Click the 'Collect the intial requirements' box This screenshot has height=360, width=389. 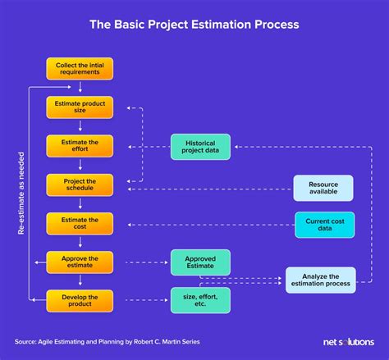click(80, 69)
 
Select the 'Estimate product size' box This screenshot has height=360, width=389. click(80, 107)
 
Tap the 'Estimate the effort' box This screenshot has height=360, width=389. click(80, 146)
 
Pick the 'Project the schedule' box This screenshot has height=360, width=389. click(80, 185)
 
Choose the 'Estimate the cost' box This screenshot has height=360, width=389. click(80, 224)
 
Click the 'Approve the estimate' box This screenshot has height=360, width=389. click(80, 262)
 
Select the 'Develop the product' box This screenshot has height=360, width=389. click(80, 301)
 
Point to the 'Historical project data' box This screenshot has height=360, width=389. click(200, 147)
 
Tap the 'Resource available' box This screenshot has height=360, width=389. click(323, 188)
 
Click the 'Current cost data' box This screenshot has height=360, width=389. click(325, 225)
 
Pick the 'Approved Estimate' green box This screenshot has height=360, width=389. click(200, 262)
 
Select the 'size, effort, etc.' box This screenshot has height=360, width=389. click(200, 300)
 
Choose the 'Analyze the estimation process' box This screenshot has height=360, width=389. click(321, 280)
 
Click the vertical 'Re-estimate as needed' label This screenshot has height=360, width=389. click(21, 194)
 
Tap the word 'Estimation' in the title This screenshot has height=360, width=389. click(221, 25)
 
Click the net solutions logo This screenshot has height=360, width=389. click(349, 342)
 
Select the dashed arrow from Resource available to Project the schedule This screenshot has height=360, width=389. click(210, 189)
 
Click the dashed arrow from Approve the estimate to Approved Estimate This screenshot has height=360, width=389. click(147, 262)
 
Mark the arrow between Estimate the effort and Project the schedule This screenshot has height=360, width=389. click(80, 165)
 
